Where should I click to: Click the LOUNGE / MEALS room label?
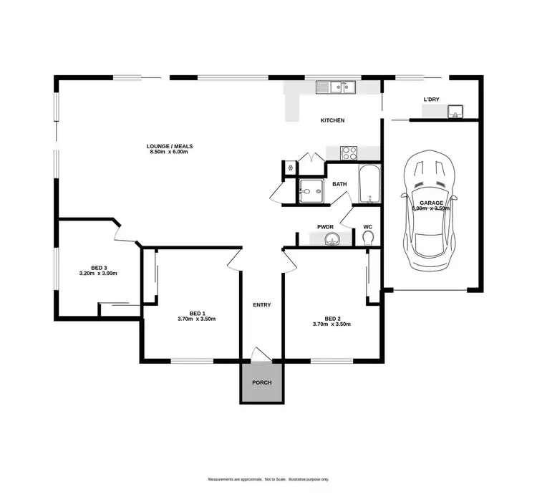[x=171, y=146]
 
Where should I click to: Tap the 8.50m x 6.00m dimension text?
[x=171, y=153]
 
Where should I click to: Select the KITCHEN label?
[x=332, y=120]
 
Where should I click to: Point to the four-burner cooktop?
[x=349, y=153]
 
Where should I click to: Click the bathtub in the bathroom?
[x=369, y=184]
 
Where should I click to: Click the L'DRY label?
[x=431, y=99]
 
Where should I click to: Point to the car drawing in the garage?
[x=430, y=212]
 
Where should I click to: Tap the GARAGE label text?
[x=432, y=203]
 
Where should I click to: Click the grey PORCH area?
[x=261, y=382]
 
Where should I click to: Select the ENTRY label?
[x=261, y=305]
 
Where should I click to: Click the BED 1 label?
[x=197, y=314]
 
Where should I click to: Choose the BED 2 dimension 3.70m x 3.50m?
[x=332, y=324]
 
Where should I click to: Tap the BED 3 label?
[x=98, y=268]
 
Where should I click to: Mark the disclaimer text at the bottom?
[x=268, y=479]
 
